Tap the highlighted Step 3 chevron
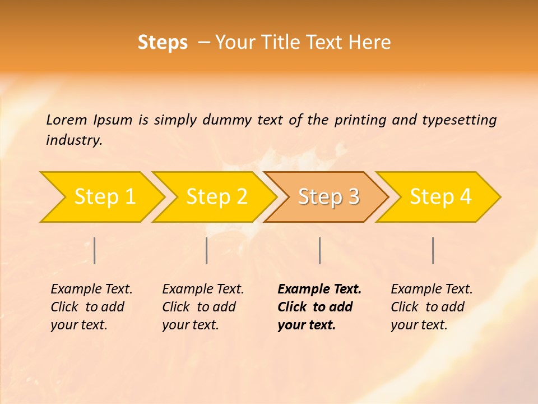coord(328,197)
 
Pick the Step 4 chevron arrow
coord(440,197)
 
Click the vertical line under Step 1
coord(95,250)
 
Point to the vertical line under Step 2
coord(207,250)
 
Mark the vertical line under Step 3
coord(319,250)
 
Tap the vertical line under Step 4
coord(433,250)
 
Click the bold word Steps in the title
coord(163,43)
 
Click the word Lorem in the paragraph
coord(67,120)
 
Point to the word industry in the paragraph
coord(74,140)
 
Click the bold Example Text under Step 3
coord(319,289)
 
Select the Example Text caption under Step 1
coord(91,289)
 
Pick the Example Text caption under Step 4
coord(432,289)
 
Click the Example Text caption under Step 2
coord(203,289)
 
